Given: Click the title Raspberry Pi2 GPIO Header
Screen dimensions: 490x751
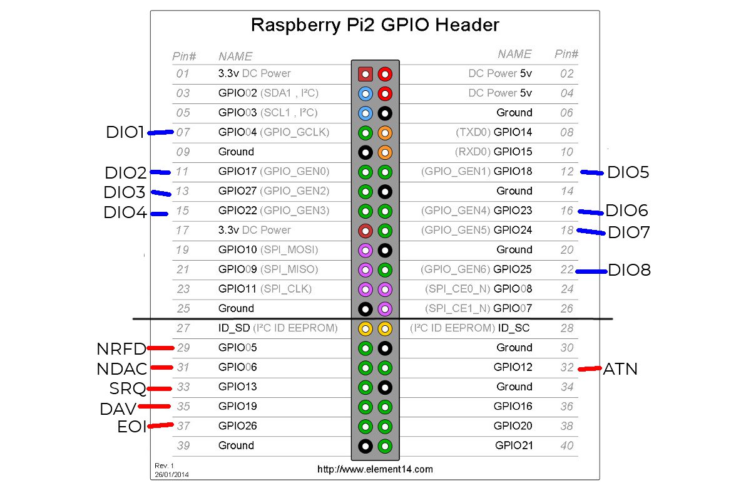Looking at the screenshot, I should (x=375, y=25).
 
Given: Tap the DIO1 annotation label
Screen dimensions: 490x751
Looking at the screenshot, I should (x=126, y=132).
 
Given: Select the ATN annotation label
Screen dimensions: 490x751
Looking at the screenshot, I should (x=620, y=369).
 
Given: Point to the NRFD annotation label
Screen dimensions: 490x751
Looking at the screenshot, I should (x=121, y=349).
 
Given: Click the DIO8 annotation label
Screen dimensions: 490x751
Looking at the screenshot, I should (x=629, y=271).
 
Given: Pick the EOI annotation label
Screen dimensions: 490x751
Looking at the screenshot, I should (x=131, y=427).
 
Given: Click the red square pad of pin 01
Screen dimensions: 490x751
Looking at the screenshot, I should (x=365, y=74).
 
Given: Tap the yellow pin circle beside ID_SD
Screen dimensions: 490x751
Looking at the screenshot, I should (x=365, y=328).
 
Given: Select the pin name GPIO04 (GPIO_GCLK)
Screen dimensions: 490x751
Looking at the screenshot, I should (x=273, y=132).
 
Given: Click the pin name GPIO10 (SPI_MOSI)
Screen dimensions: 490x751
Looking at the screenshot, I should (x=268, y=249).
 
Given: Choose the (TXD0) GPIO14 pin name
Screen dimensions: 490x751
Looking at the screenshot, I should (x=494, y=132).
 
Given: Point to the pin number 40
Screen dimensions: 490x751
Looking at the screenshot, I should (x=566, y=446).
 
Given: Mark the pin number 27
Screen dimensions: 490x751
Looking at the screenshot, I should (x=182, y=328).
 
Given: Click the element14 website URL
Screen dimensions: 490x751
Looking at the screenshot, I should (x=375, y=469).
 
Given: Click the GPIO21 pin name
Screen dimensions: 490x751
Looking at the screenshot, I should (x=513, y=446).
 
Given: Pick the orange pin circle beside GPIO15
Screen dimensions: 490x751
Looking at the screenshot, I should (x=386, y=152).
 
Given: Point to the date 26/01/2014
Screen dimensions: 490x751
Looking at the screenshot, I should (x=172, y=474).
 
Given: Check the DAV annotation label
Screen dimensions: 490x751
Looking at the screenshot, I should (x=118, y=409).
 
